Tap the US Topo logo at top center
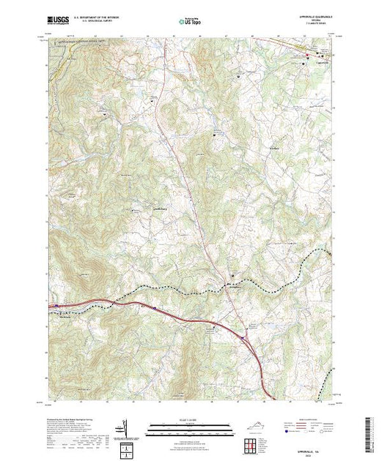pyautogui.click(x=191, y=23)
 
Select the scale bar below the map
pyautogui.click(x=191, y=425)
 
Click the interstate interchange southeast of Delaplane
pyautogui.click(x=244, y=339)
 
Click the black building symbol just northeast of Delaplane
pyautogui.click(x=234, y=275)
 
